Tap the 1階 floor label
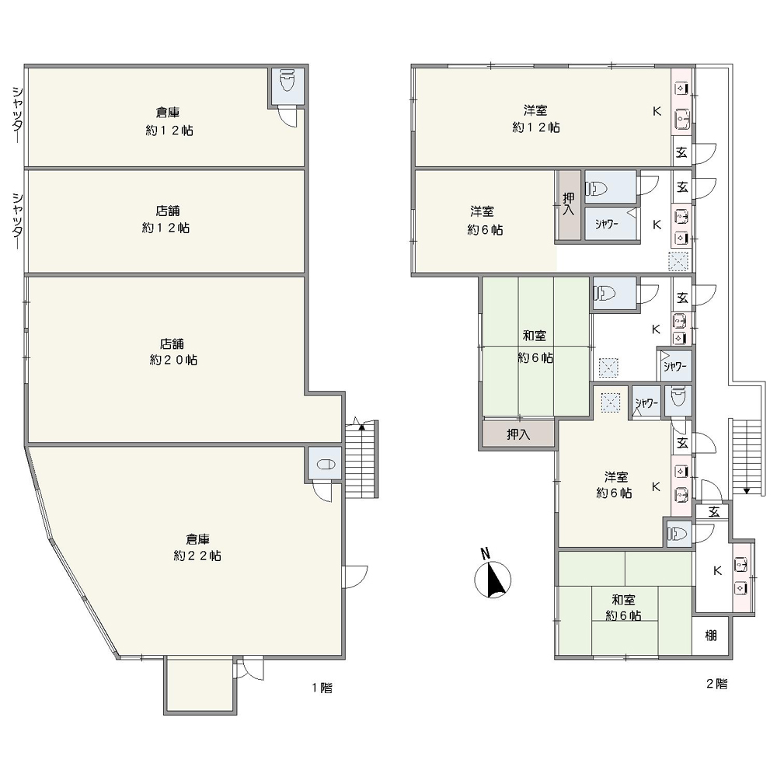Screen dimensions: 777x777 click(x=322, y=688)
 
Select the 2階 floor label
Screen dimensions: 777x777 click(x=716, y=684)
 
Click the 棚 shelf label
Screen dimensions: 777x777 click(x=711, y=635)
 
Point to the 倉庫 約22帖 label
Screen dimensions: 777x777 click(x=197, y=548)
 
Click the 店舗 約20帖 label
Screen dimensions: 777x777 click(x=173, y=352)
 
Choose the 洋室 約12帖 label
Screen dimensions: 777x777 click(x=535, y=119)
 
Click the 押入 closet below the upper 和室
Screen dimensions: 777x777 click(x=518, y=434)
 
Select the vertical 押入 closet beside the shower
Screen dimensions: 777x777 click(x=569, y=205)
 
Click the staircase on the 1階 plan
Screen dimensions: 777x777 click(x=362, y=459)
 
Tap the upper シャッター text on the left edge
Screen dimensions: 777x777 click(x=17, y=114)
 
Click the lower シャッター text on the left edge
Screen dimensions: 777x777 click(x=17, y=221)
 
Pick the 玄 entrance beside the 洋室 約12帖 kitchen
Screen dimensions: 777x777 click(x=682, y=152)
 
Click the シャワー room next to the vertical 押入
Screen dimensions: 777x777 click(x=610, y=224)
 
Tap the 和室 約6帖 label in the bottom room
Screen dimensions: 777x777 click(x=623, y=608)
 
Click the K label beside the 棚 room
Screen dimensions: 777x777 click(x=717, y=570)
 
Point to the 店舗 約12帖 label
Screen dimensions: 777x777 click(x=166, y=220)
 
